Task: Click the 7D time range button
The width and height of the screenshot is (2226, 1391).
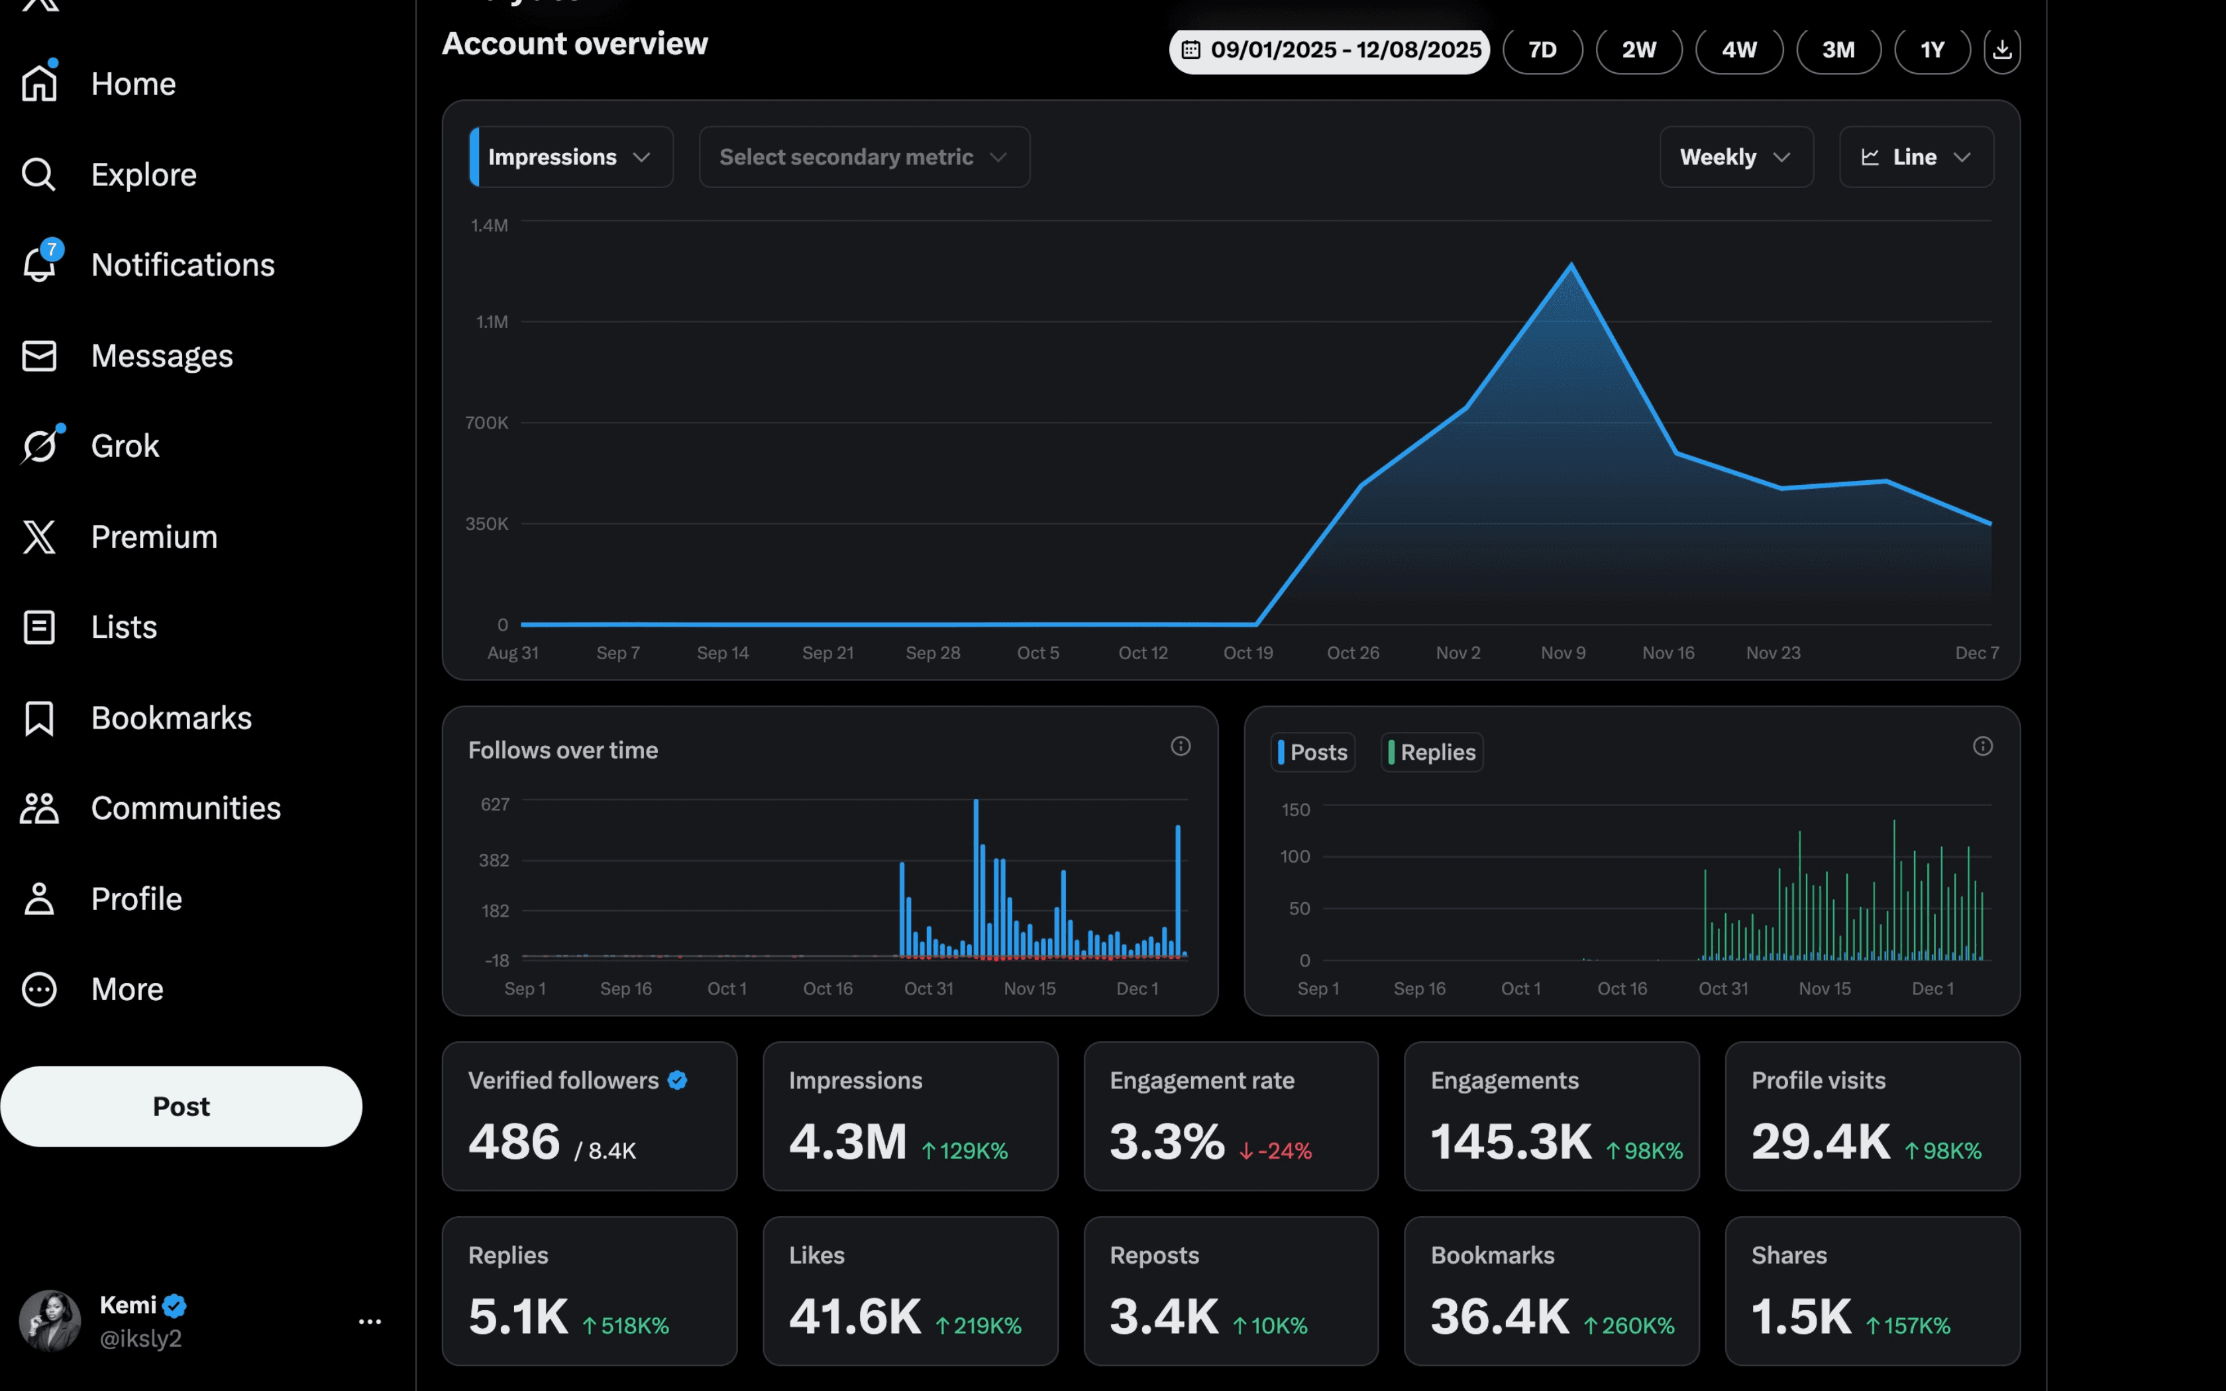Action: tap(1542, 50)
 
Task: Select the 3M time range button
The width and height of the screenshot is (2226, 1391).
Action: tap(1838, 50)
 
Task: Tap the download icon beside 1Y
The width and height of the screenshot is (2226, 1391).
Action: tap(2001, 50)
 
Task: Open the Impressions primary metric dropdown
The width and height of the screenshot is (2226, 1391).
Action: tap(570, 158)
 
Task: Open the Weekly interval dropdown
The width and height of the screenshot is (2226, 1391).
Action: tap(1736, 158)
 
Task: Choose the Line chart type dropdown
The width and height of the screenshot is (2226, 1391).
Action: tap(1916, 158)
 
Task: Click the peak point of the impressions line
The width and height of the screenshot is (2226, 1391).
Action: tap(1571, 265)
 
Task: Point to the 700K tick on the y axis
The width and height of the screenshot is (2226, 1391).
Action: tap(486, 423)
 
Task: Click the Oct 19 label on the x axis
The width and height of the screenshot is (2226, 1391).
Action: tap(1247, 653)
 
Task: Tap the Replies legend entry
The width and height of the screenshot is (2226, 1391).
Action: tap(1432, 752)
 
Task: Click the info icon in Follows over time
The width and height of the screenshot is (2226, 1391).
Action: tap(1180, 746)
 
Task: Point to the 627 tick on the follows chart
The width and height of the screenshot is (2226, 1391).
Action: tap(495, 805)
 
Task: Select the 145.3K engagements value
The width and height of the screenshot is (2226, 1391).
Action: tap(1510, 1142)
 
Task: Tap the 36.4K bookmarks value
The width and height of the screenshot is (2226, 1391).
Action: tap(1499, 1317)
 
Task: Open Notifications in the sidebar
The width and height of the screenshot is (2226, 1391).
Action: tap(182, 265)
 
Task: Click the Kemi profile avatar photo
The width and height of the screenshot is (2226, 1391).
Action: tap(50, 1320)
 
